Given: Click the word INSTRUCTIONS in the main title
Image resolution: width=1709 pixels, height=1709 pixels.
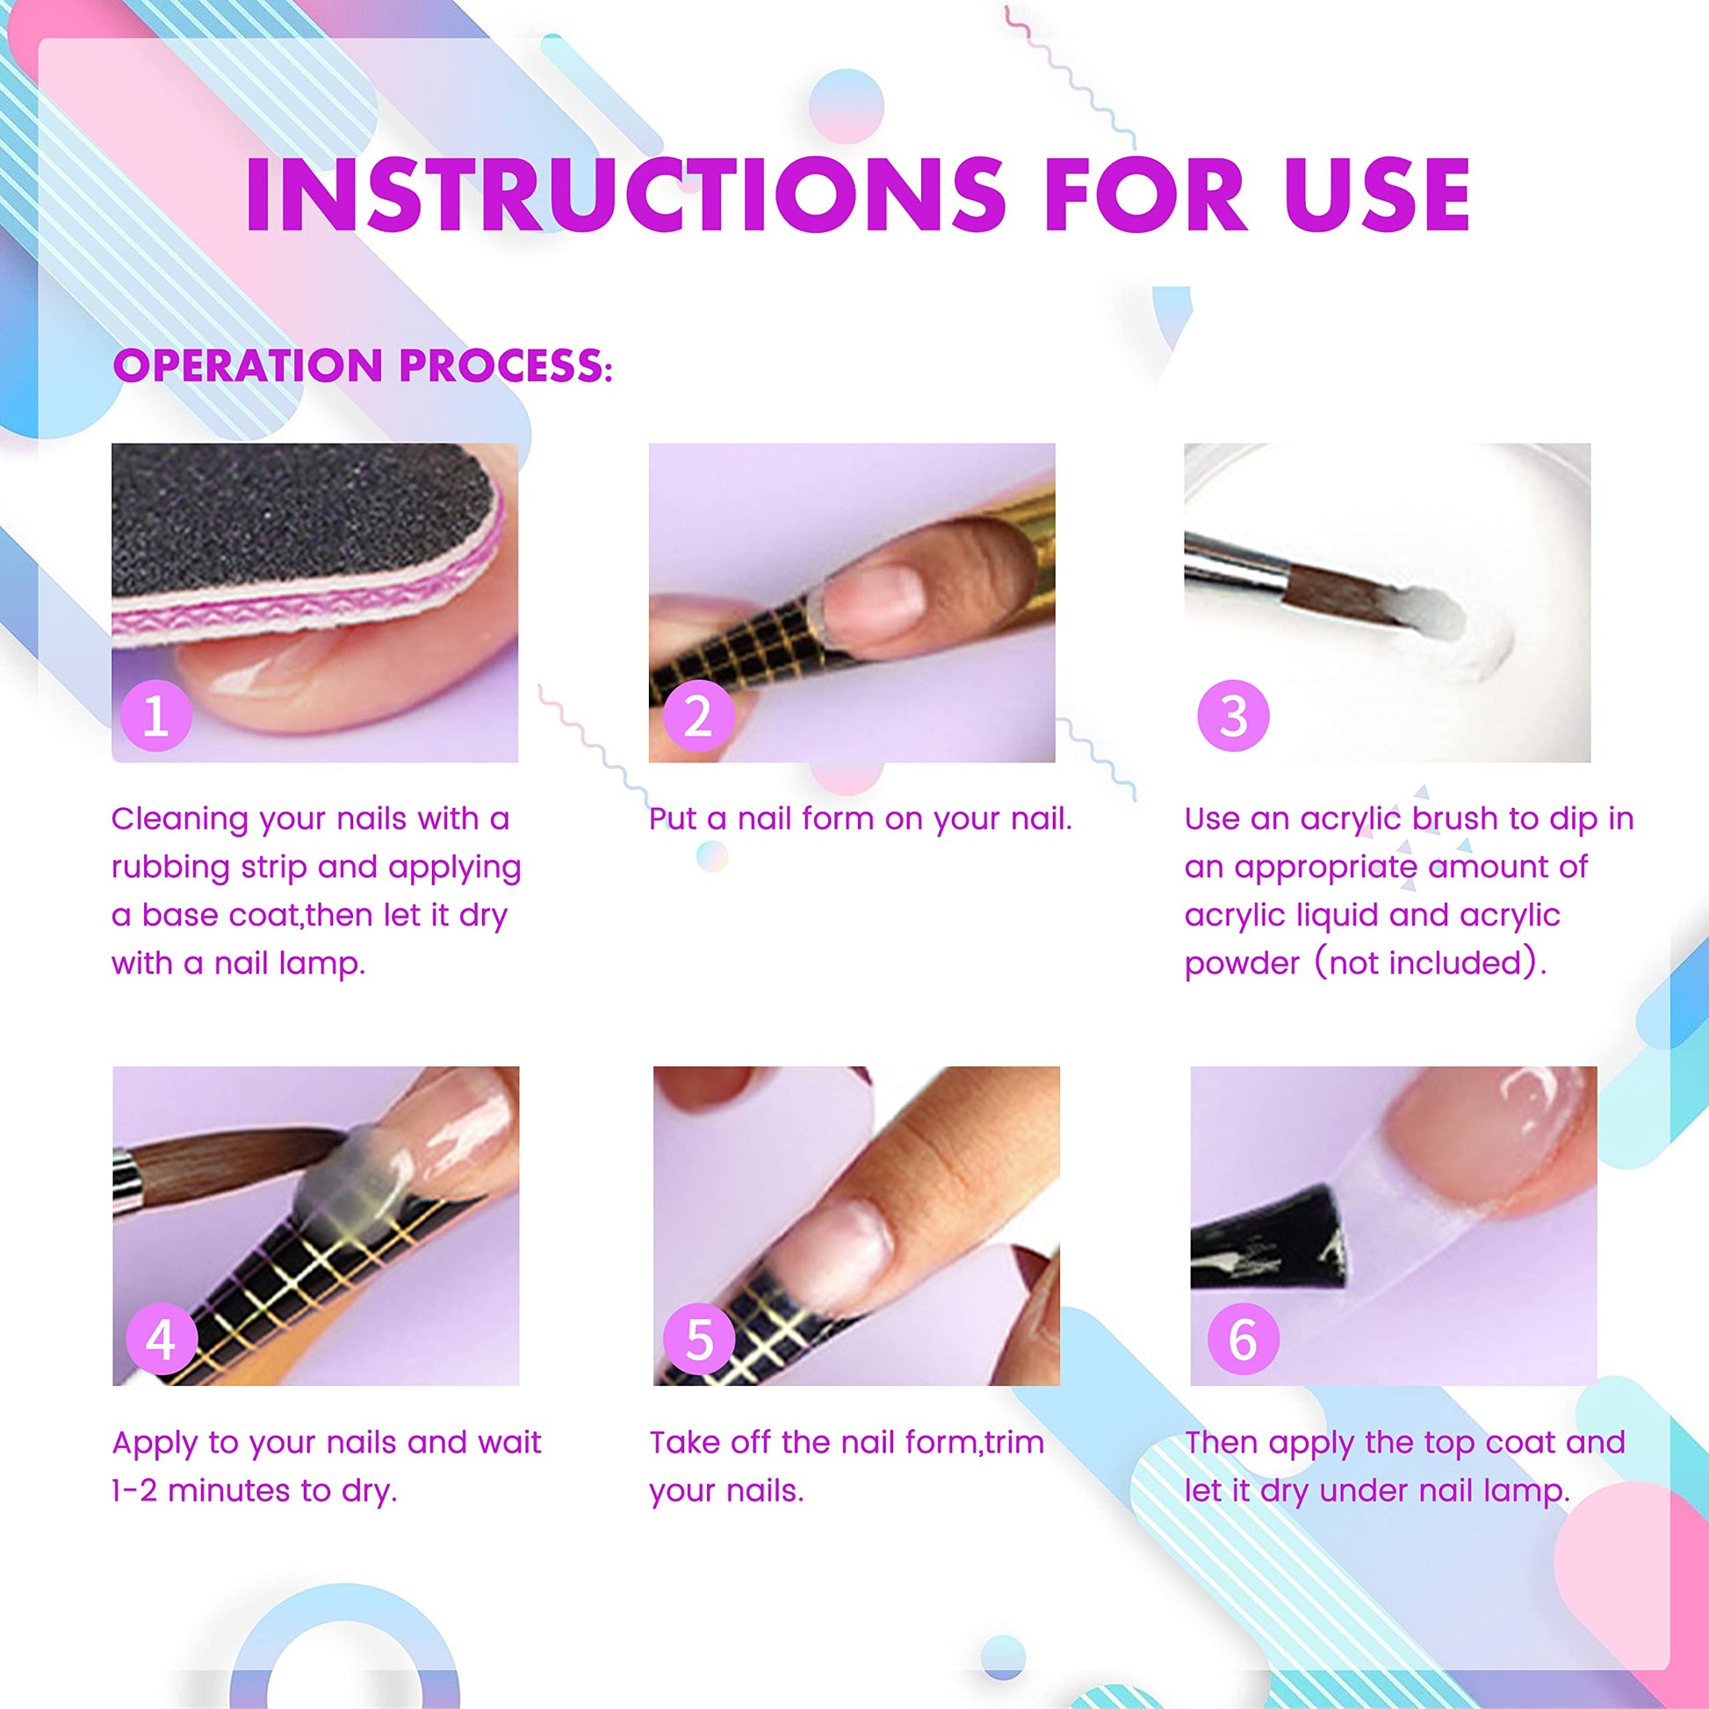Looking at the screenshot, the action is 625,195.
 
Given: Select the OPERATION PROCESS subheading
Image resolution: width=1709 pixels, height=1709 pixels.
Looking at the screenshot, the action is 363,365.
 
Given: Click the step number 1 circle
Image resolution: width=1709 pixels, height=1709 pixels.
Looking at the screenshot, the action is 155,716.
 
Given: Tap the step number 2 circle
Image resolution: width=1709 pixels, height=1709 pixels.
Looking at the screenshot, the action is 698,716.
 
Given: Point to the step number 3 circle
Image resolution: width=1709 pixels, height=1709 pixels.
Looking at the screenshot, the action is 1233,716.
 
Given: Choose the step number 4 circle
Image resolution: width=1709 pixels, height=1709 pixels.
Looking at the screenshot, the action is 160,1339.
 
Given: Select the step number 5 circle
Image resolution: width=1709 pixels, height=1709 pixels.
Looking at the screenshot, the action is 699,1339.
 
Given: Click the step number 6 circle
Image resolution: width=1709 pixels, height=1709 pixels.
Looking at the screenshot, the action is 1242,1339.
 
